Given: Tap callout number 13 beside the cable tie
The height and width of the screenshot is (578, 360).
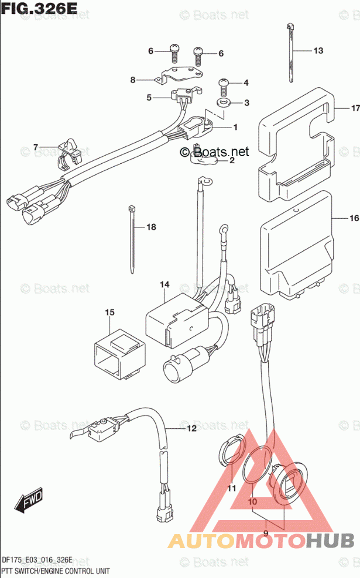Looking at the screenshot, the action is click(x=318, y=51).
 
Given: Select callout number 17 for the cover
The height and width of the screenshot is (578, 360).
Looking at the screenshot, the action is click(x=354, y=108).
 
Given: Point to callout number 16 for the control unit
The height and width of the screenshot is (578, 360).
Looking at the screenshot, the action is click(x=353, y=219).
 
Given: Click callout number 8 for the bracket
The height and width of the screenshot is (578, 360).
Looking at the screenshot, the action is click(x=133, y=80).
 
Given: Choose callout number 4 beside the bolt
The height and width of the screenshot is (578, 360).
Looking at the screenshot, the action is click(x=246, y=82).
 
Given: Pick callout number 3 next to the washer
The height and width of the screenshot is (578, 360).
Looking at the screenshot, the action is click(x=246, y=103).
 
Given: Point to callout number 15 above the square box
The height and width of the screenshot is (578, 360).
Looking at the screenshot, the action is click(x=109, y=313).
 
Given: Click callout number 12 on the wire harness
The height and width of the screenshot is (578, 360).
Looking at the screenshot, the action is click(x=176, y=429).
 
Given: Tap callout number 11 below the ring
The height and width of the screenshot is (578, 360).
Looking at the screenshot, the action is click(x=231, y=488).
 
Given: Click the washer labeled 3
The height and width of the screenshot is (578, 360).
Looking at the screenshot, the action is click(x=224, y=103).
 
